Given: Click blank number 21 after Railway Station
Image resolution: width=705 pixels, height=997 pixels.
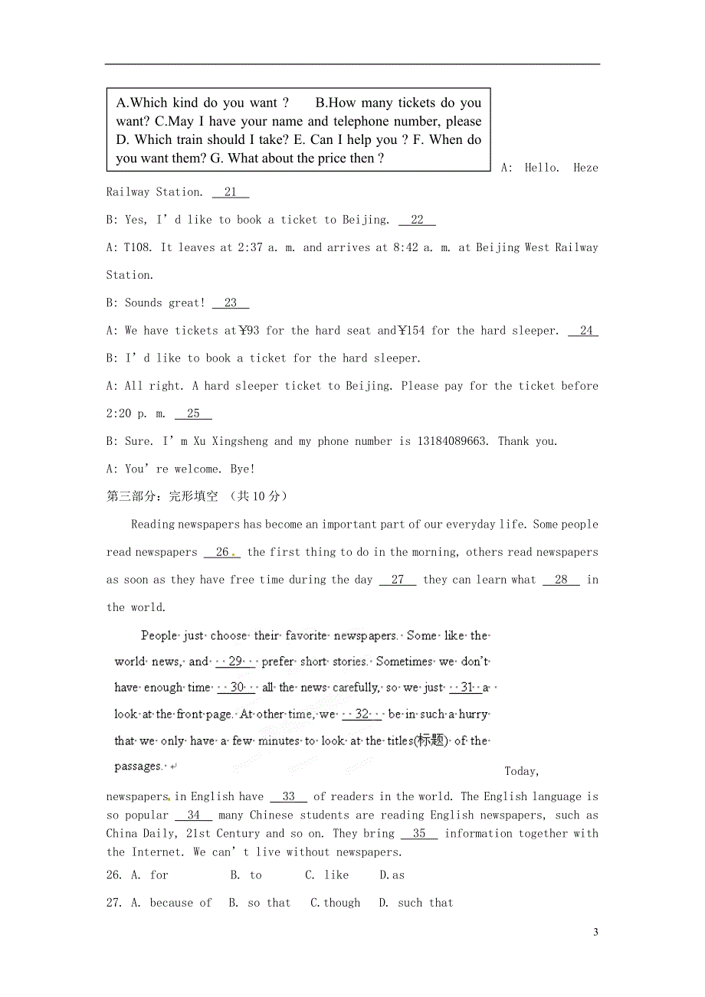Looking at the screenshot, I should click(x=231, y=192).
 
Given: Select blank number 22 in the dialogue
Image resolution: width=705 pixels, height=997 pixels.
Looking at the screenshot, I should click(x=417, y=220).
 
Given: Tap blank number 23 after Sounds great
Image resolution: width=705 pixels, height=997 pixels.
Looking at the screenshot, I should click(x=231, y=303).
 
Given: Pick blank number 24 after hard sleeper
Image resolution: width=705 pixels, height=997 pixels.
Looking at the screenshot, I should click(x=586, y=331).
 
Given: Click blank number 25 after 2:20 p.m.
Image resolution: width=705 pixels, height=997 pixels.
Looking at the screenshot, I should click(x=193, y=414).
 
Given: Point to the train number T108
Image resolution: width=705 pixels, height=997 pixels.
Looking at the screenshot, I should click(x=139, y=248).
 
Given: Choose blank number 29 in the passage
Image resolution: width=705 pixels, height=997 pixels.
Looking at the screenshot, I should click(x=236, y=662).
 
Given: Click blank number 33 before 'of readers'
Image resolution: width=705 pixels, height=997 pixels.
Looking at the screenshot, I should click(x=289, y=797).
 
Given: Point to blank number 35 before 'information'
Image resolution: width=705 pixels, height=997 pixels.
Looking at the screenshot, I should click(x=419, y=834).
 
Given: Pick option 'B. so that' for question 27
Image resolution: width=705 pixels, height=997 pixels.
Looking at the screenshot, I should click(x=260, y=903).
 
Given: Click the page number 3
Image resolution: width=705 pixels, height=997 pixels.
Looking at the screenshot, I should click(x=595, y=932).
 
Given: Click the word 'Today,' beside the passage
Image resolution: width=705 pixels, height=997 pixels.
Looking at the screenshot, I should click(x=522, y=771).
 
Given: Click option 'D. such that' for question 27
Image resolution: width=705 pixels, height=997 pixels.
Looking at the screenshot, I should click(x=416, y=903).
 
